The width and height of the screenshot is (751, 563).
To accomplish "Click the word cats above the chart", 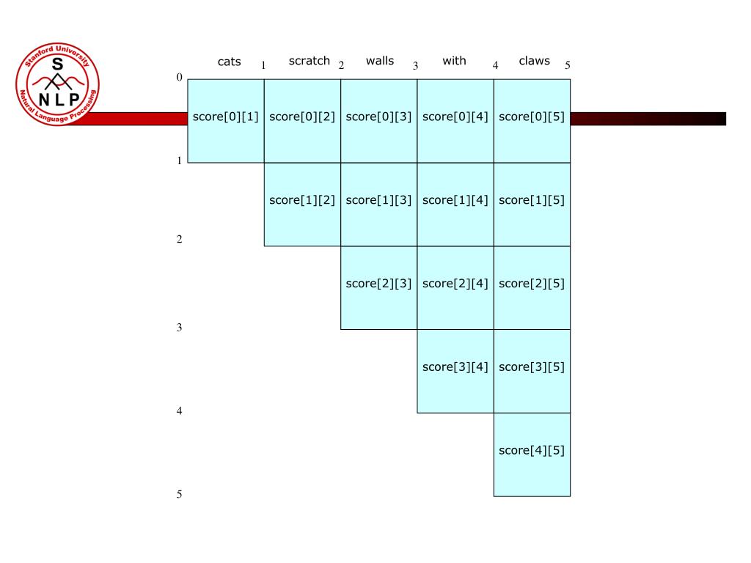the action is click(229, 62).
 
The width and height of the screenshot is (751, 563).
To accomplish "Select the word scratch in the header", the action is click(309, 61).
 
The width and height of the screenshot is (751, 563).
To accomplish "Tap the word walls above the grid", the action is click(379, 61).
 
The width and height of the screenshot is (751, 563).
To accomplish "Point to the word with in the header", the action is click(454, 61).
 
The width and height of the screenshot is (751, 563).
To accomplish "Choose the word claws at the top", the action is click(534, 61).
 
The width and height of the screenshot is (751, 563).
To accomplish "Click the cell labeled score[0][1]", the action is click(225, 117).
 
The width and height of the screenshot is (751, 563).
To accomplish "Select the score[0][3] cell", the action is click(378, 117).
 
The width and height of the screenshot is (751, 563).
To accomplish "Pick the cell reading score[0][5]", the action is click(532, 117).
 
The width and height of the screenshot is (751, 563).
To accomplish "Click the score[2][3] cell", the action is click(378, 284).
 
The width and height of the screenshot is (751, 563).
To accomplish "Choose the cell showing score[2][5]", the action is click(532, 284).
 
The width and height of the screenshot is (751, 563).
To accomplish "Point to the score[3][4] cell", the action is click(455, 367).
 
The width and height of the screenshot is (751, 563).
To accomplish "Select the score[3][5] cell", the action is click(532, 367).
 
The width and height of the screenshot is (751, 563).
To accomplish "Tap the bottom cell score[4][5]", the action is click(532, 451).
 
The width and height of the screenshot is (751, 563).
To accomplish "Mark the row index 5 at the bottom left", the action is click(179, 495).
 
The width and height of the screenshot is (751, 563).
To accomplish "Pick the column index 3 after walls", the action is click(415, 66).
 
